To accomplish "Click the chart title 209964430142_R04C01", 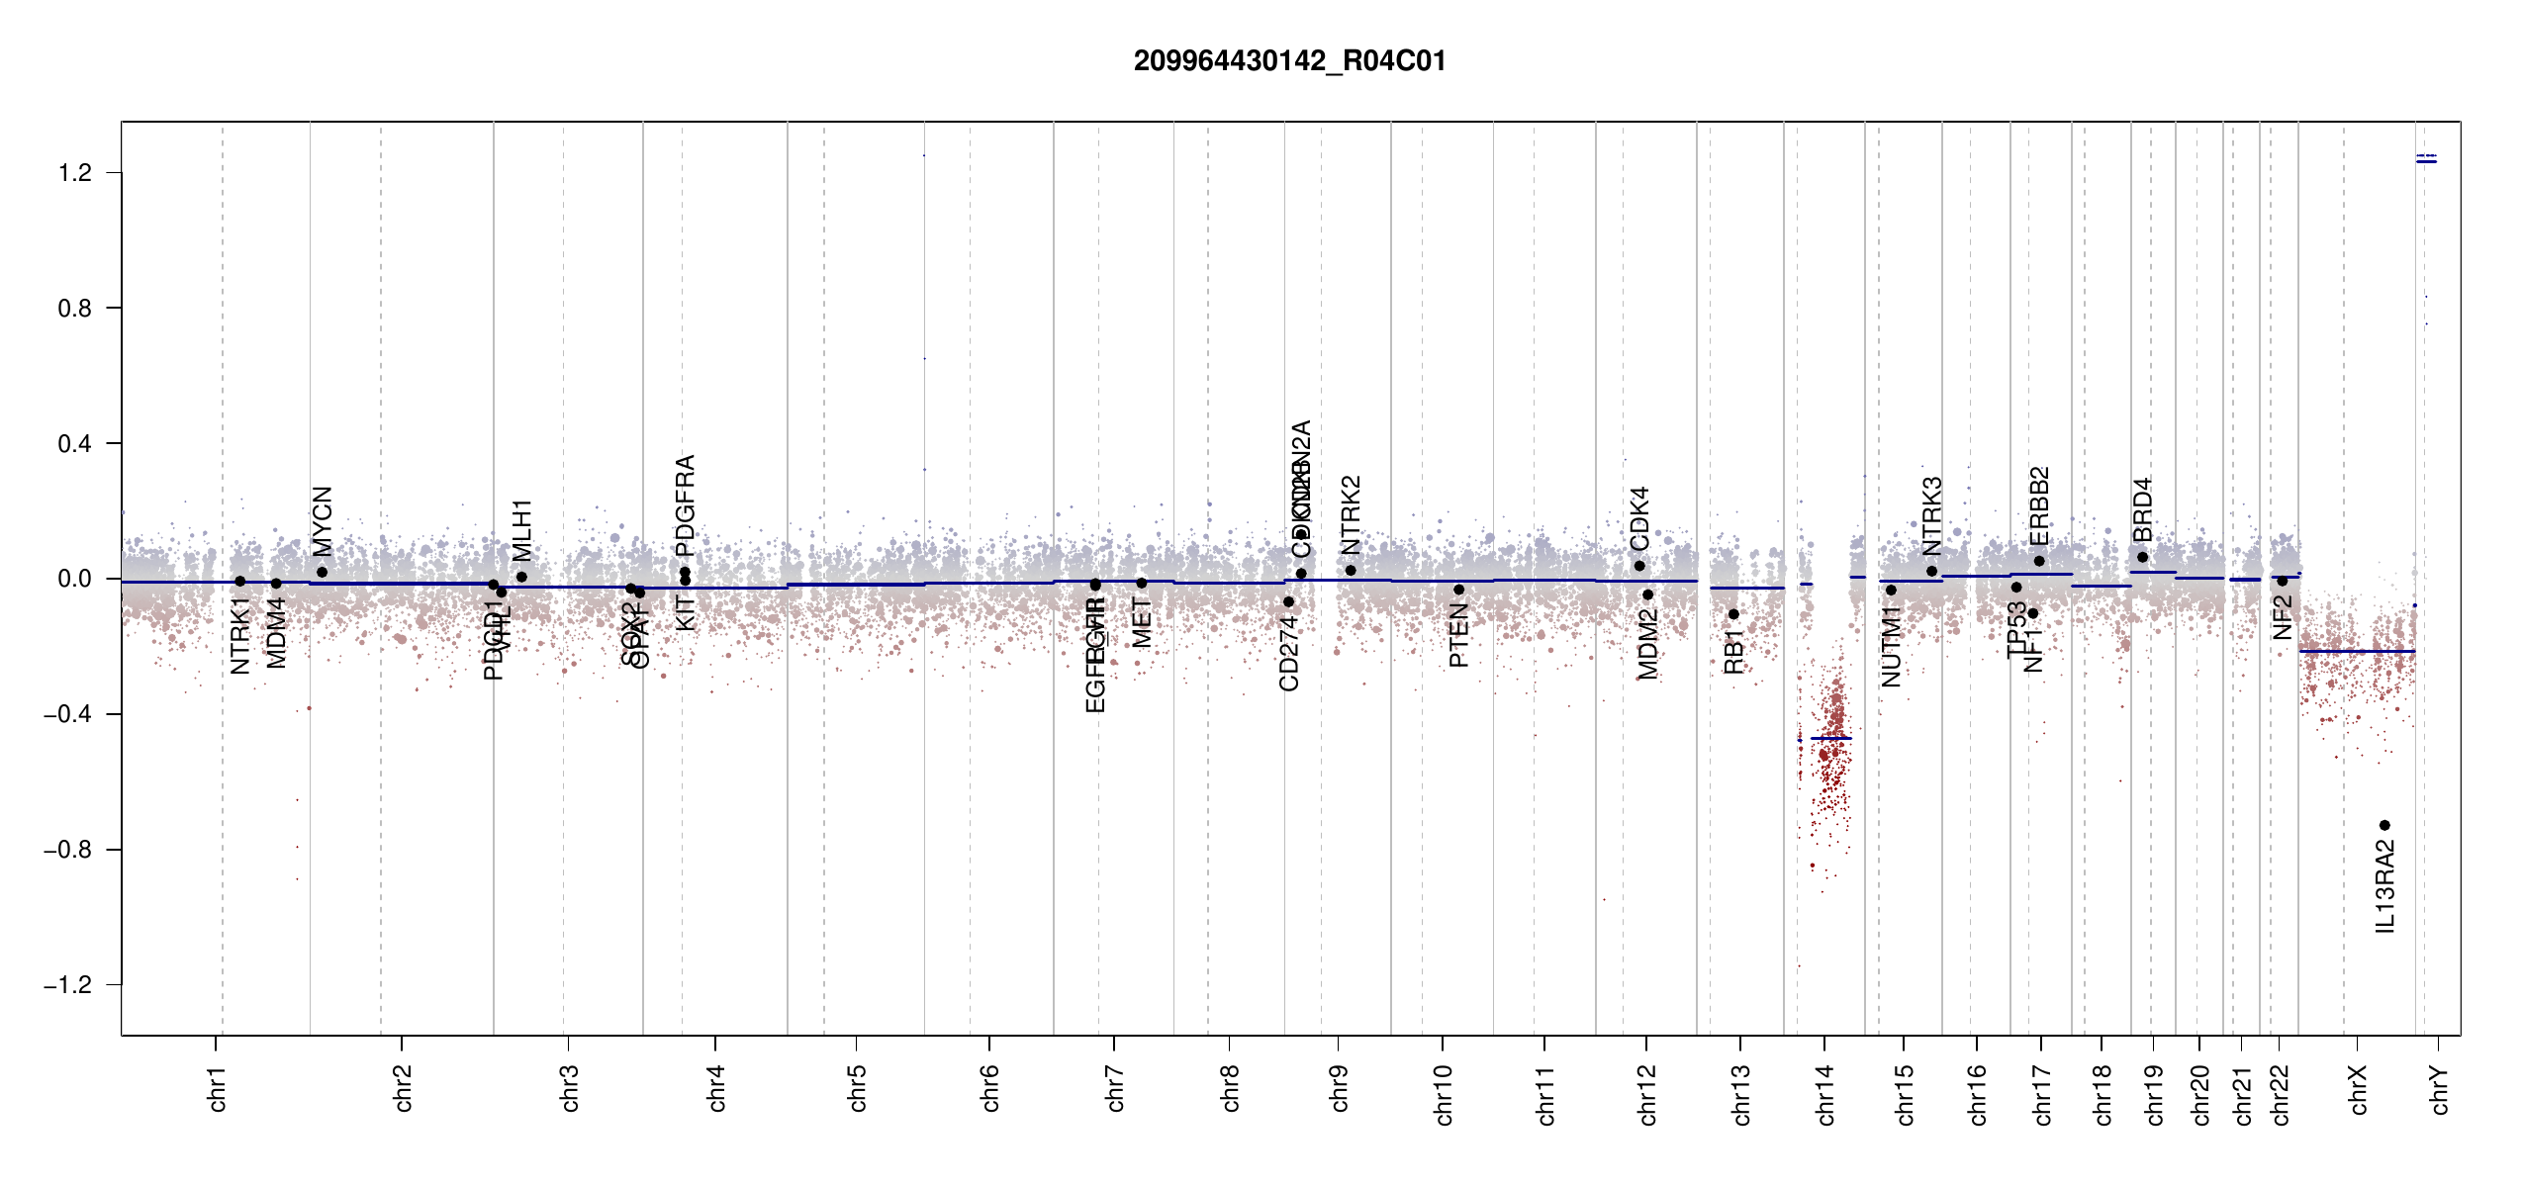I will [1289, 61].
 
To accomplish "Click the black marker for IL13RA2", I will [2384, 825].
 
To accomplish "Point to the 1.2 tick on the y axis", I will [74, 173].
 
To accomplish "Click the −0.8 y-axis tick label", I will [67, 850].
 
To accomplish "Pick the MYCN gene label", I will [322, 521].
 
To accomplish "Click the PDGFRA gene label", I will [685, 505].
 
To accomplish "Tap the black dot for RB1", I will [1733, 614].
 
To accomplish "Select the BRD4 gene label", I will [2142, 510].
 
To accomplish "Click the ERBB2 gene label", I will [2039, 506].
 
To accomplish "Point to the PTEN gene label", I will [1458, 636].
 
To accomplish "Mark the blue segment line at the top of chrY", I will [2426, 161].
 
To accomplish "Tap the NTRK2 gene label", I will [1351, 515].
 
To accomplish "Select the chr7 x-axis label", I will [1115, 1089].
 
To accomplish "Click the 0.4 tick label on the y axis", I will [74, 444].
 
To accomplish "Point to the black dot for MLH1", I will [521, 577].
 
